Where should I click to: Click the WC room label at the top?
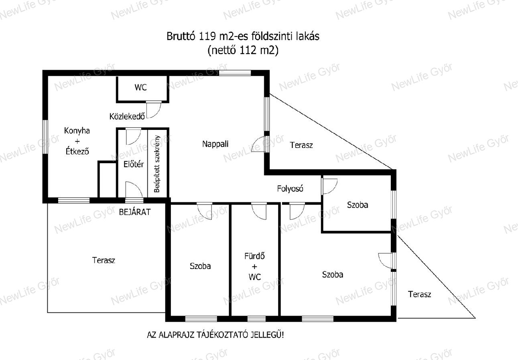point(140,87)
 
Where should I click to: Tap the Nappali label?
point(215,144)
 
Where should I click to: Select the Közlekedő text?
point(127,116)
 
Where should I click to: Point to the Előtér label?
point(134,164)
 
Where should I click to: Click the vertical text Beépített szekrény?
point(157,164)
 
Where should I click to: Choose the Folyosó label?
point(290,189)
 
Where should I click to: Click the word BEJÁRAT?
point(135,212)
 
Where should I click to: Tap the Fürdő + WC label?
point(254,267)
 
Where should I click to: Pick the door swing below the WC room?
point(153,110)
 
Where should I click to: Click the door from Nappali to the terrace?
point(260,144)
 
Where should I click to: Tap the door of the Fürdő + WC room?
point(259,211)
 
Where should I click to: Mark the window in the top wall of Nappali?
point(235,73)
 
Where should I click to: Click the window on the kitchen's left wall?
point(45,137)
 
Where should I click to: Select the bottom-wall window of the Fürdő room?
point(256,319)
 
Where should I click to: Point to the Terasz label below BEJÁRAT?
point(104,261)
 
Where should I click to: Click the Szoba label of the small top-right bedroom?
point(358,205)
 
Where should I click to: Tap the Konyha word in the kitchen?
point(77,131)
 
